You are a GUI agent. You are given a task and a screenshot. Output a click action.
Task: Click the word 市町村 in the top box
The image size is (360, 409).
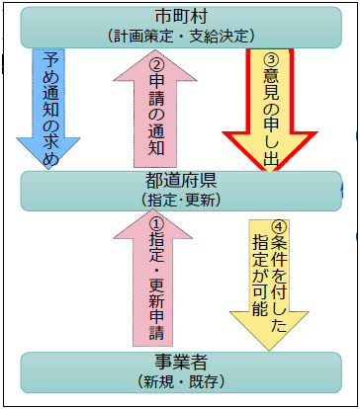pyautogui.click(x=180, y=17)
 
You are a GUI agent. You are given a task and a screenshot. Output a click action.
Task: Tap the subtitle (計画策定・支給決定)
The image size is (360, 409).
pyautogui.click(x=180, y=36)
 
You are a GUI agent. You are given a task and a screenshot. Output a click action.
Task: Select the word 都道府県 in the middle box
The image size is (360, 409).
pyautogui.click(x=180, y=181)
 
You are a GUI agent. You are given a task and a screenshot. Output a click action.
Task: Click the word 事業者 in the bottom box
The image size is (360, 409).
pyautogui.click(x=180, y=360)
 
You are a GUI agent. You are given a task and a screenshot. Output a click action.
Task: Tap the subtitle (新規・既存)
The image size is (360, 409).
pyautogui.click(x=180, y=379)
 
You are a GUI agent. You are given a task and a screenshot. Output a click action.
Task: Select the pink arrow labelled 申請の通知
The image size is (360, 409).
pyautogui.click(x=154, y=109)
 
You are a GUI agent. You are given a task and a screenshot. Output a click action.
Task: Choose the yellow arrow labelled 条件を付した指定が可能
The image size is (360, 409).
pyautogui.click(x=272, y=277)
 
